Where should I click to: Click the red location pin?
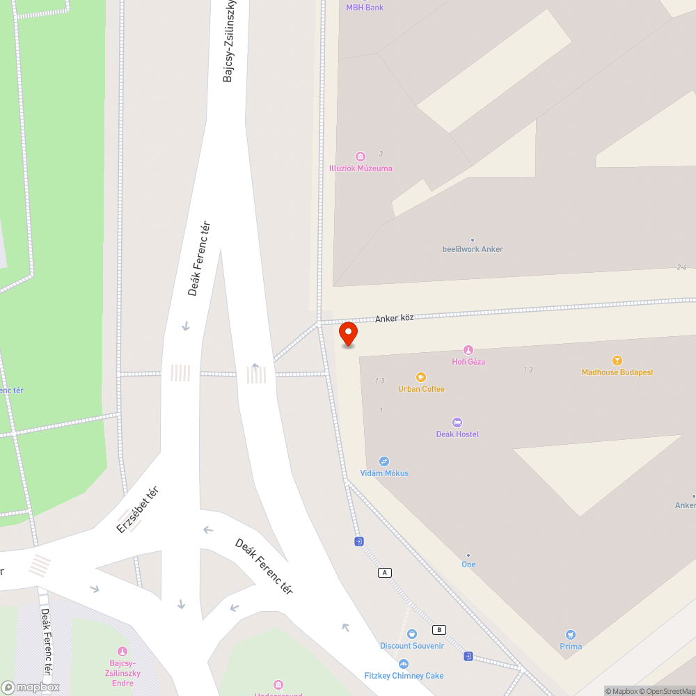pos(348,333)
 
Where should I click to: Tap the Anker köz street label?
pos(394,318)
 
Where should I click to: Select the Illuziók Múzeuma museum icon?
pos(361,157)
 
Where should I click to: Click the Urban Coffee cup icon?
pos(420,377)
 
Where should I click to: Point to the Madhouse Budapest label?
pos(617,372)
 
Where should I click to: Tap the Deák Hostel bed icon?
pos(457,422)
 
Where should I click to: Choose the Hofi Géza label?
pos(468,362)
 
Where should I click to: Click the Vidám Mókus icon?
pos(383,461)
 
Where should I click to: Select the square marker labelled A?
pos(384,572)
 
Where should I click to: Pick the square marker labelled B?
pos(438,630)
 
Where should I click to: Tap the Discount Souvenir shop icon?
pos(411,634)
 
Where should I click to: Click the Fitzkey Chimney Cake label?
pos(404,676)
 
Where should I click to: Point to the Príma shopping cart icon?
pos(571,634)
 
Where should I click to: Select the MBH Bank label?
pos(365,8)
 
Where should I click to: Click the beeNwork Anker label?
pos(473,249)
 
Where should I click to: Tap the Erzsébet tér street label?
pos(137,509)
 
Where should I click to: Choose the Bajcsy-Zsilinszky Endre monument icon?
pos(123,651)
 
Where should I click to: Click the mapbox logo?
pos(30,687)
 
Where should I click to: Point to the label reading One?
pos(468,564)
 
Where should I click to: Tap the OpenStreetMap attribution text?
pos(671,691)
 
